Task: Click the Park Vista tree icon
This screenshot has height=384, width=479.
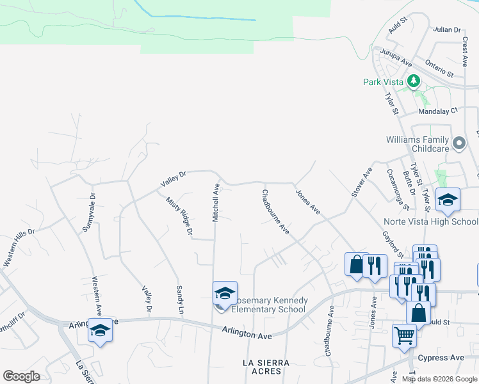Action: [x=414, y=81]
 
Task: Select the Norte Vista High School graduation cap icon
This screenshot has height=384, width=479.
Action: [x=448, y=200]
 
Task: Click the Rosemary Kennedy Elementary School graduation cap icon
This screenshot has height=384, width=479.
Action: [x=225, y=293]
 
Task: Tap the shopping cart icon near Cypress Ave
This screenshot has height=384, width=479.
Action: [x=403, y=334]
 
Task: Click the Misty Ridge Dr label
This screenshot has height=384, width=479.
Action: [x=179, y=216]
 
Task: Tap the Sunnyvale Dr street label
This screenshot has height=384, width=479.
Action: [x=89, y=212]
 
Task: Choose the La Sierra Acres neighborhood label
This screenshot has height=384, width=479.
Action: [x=266, y=367]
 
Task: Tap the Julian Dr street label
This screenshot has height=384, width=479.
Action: [x=447, y=30]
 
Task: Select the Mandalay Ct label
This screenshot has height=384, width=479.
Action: [x=438, y=111]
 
